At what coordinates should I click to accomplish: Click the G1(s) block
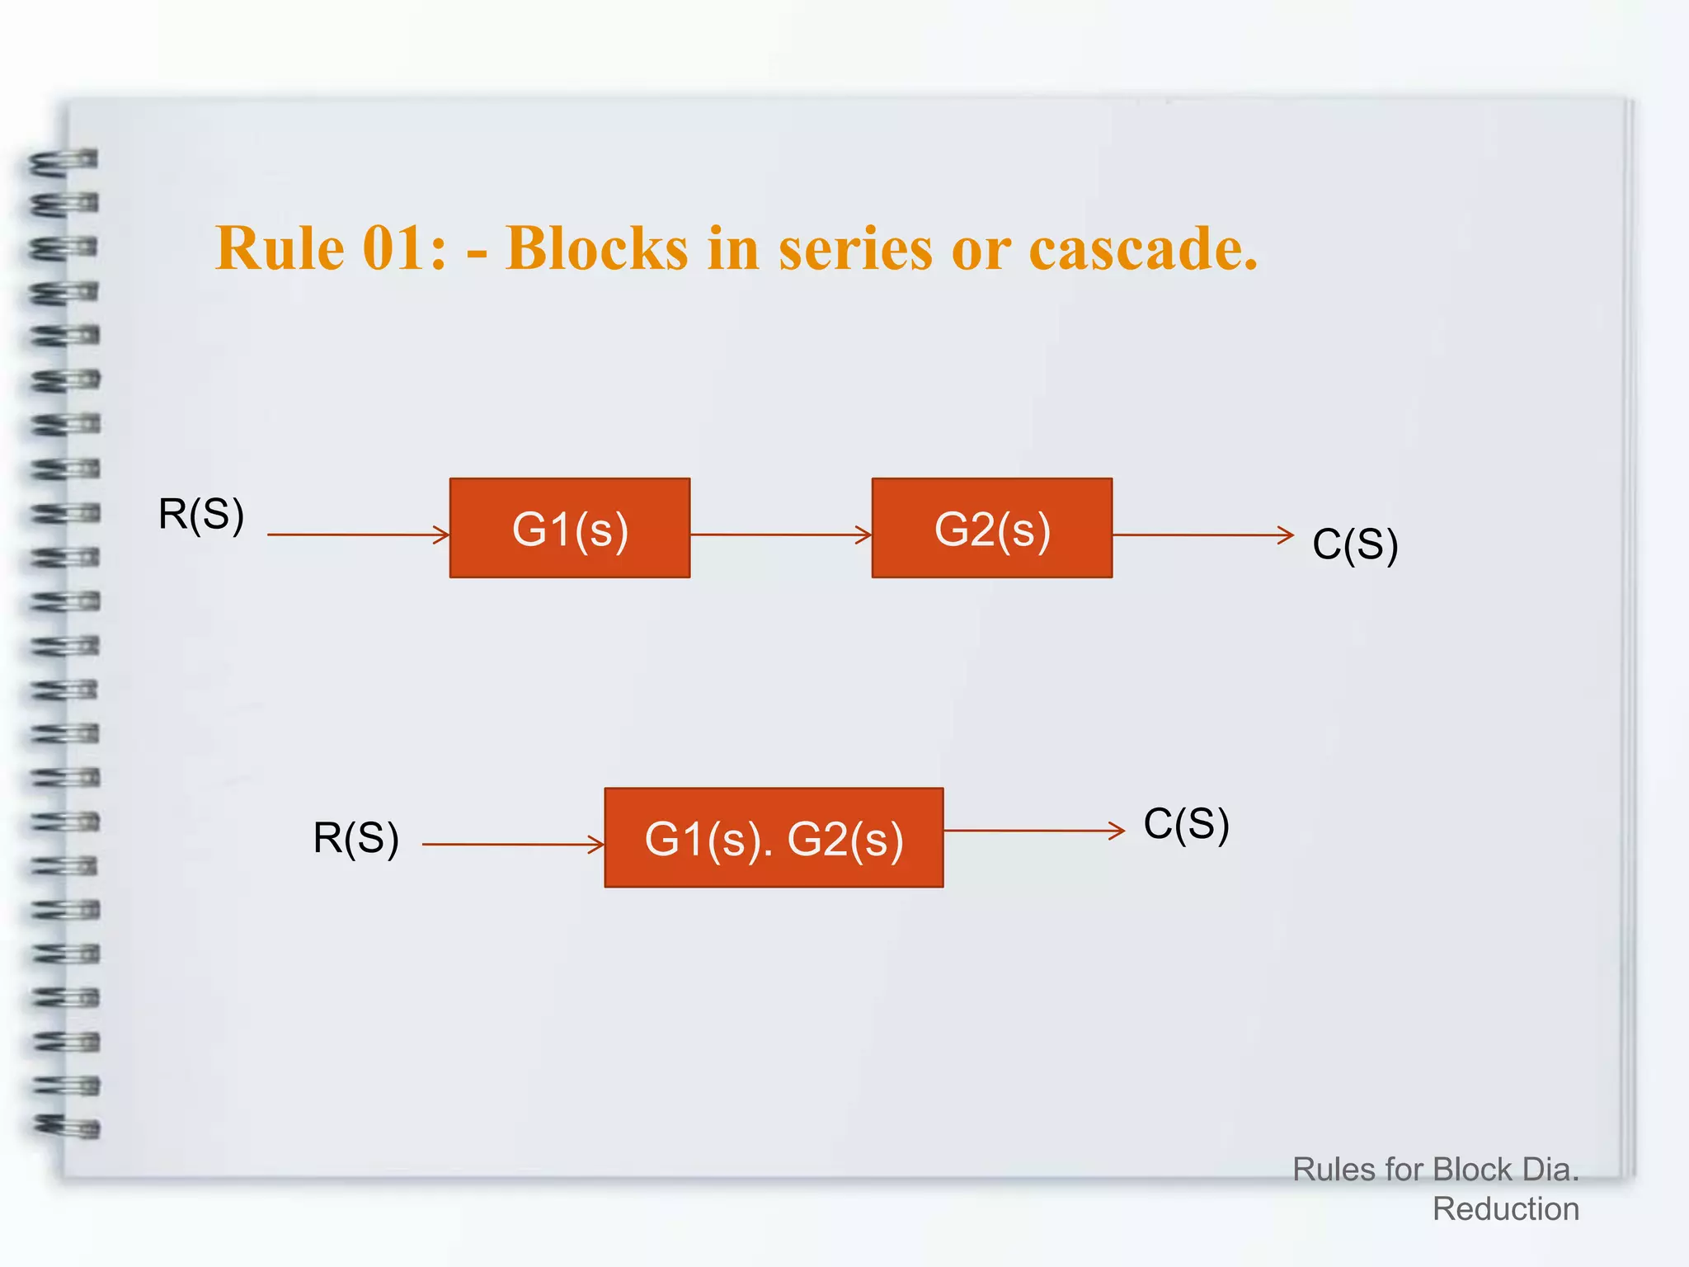click(x=570, y=528)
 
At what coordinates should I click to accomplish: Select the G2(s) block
click(x=992, y=528)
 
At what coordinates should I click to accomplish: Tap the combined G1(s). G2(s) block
click(x=774, y=838)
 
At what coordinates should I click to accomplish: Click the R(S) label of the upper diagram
click(x=201, y=515)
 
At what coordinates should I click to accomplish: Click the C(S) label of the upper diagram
click(x=1355, y=544)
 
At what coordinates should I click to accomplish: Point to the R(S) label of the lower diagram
click(x=356, y=838)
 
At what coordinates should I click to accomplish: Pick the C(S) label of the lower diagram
click(x=1186, y=824)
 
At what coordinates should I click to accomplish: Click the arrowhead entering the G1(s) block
click(x=442, y=535)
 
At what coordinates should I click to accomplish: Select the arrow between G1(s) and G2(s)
click(x=780, y=535)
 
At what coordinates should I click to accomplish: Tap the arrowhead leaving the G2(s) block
click(x=1287, y=535)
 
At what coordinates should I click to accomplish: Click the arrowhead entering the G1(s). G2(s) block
click(x=597, y=845)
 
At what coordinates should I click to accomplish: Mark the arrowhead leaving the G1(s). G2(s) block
click(x=1117, y=831)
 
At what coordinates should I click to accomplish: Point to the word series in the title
click(x=855, y=249)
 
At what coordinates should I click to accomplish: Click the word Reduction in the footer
click(x=1506, y=1209)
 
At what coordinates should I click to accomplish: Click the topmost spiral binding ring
click(x=64, y=162)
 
